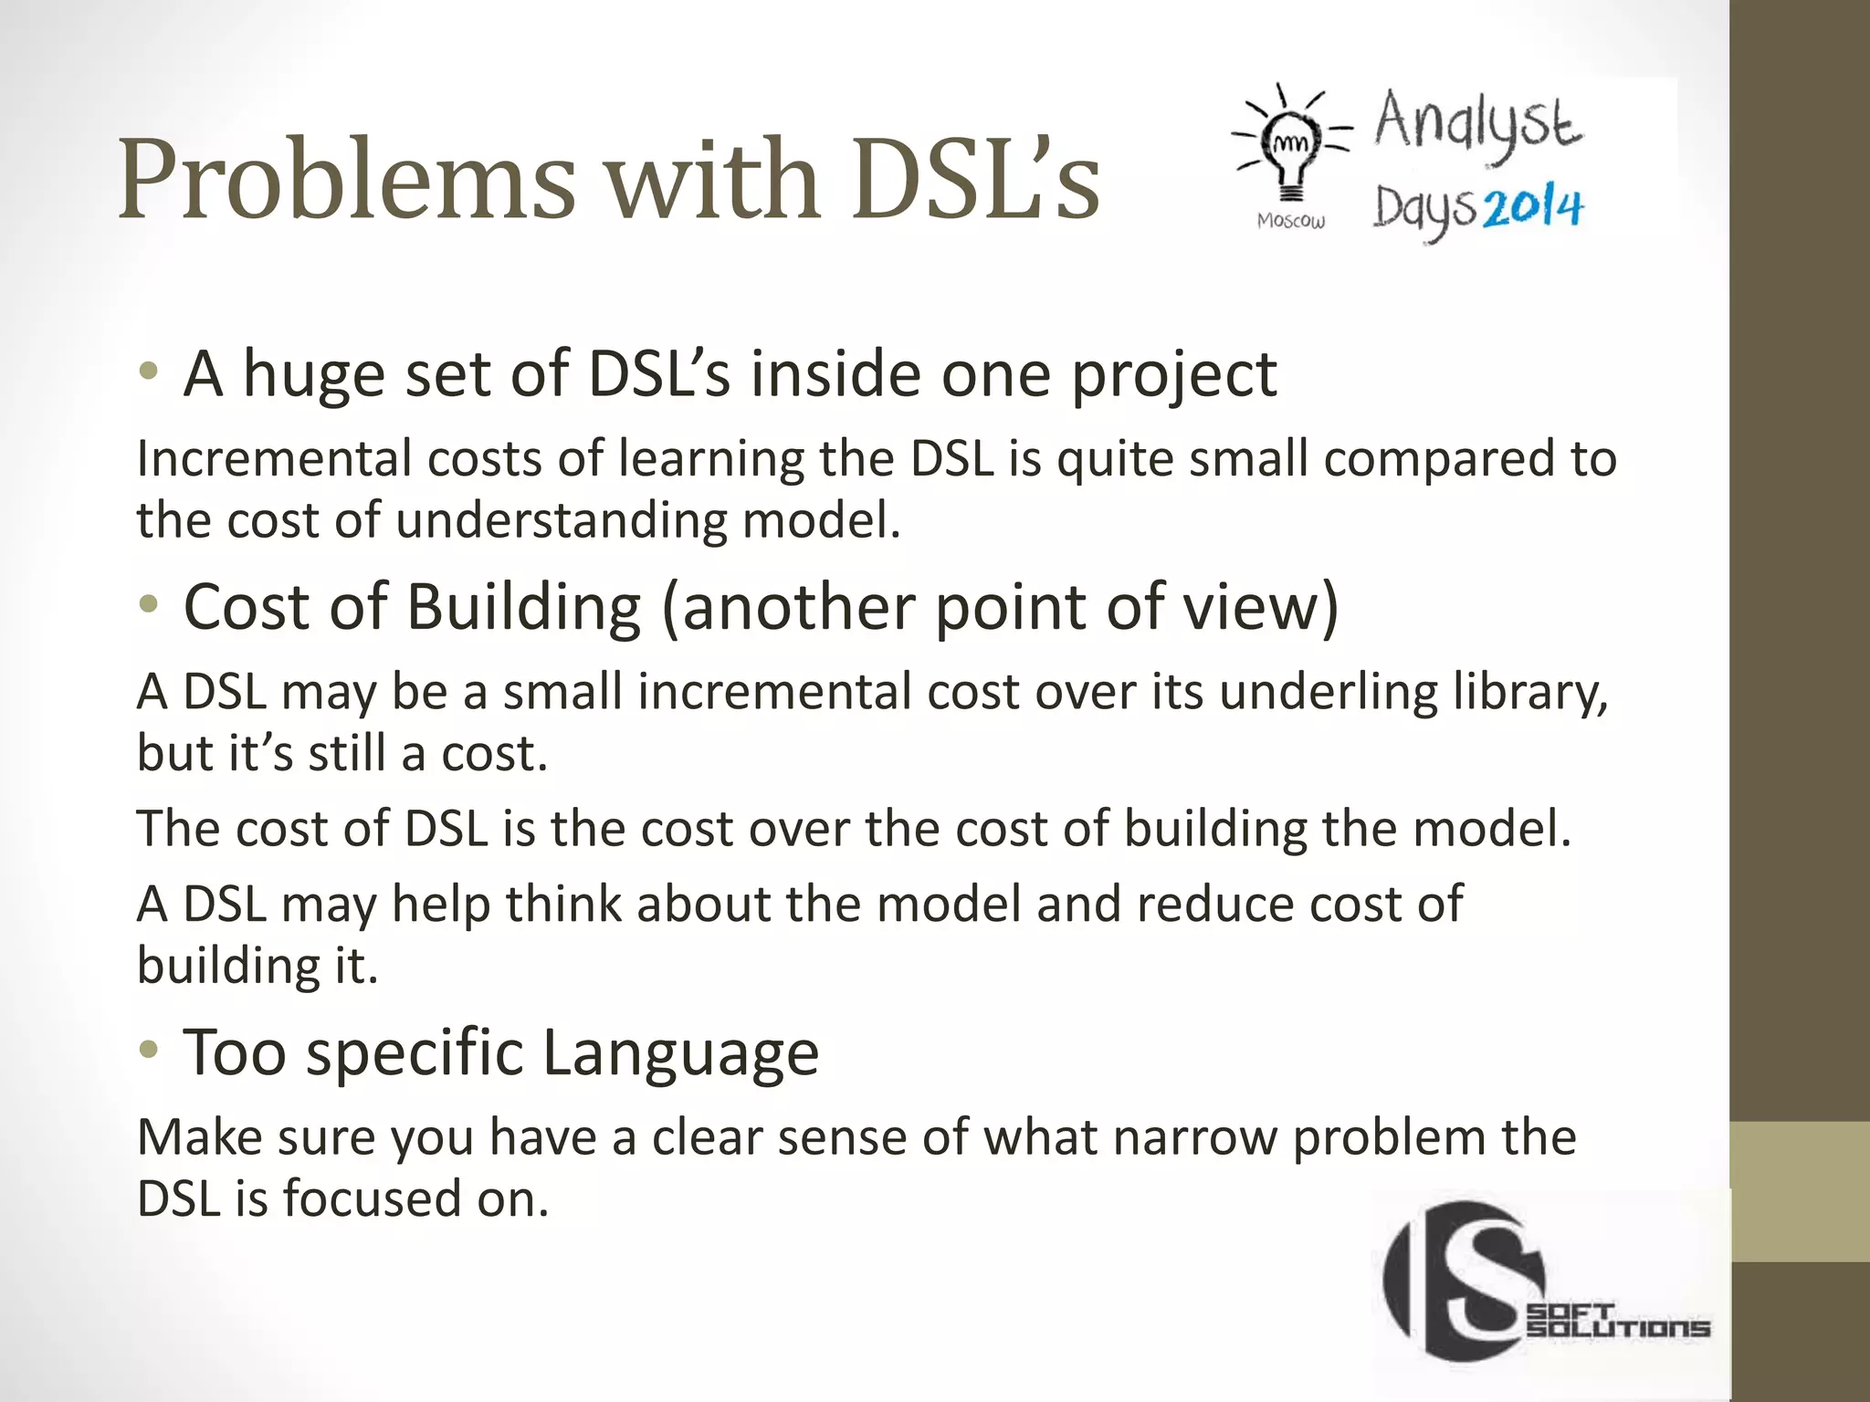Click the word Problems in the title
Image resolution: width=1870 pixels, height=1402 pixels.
[346, 179]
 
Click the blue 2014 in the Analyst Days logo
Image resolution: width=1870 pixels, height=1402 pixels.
[1533, 209]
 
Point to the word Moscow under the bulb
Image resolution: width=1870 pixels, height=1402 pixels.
[1290, 221]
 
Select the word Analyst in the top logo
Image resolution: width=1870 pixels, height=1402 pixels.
[1477, 124]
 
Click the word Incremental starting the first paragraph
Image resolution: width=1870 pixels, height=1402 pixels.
[274, 458]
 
